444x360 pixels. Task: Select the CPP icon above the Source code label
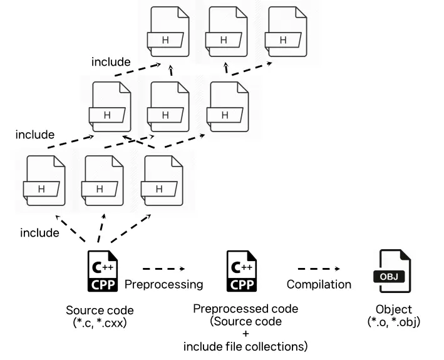click(x=101, y=272)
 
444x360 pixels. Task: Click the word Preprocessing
click(x=164, y=284)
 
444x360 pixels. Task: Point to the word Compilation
click(x=319, y=284)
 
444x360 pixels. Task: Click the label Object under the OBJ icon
click(x=394, y=309)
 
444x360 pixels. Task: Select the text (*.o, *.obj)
click(x=394, y=322)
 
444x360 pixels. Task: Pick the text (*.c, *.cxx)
click(x=100, y=322)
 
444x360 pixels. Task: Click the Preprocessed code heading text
click(x=245, y=309)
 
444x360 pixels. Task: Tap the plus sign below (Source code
click(x=245, y=334)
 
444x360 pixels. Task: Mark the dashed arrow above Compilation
click(x=319, y=269)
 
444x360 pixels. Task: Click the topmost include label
click(x=111, y=62)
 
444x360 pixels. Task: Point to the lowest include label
click(x=39, y=233)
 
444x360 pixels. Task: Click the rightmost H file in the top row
click(x=283, y=36)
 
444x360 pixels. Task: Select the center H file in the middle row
click(x=166, y=110)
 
